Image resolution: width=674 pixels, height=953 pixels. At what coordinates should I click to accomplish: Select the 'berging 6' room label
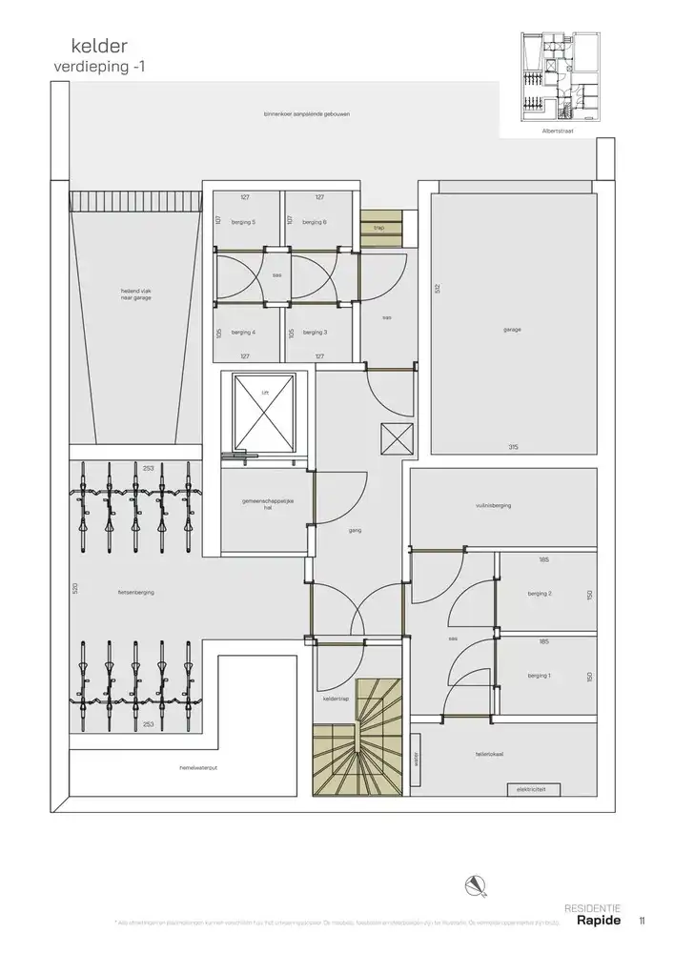[x=314, y=222]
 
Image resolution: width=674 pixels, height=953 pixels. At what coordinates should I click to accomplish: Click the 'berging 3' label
[x=314, y=333]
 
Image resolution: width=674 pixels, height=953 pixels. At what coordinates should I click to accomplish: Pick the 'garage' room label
[x=512, y=330]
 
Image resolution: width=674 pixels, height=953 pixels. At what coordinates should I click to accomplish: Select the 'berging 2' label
[x=540, y=594]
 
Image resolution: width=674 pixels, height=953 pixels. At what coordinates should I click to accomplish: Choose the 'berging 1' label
[x=540, y=676]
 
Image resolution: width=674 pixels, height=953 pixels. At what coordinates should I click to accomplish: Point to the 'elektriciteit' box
[x=530, y=790]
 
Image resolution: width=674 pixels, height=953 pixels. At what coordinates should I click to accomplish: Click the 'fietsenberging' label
[x=136, y=592]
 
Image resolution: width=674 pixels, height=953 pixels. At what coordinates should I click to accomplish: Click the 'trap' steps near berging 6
[x=378, y=227]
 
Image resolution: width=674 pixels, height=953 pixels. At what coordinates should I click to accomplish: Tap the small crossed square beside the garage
[x=395, y=439]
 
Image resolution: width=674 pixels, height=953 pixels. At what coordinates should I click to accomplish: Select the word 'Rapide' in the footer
[x=599, y=921]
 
